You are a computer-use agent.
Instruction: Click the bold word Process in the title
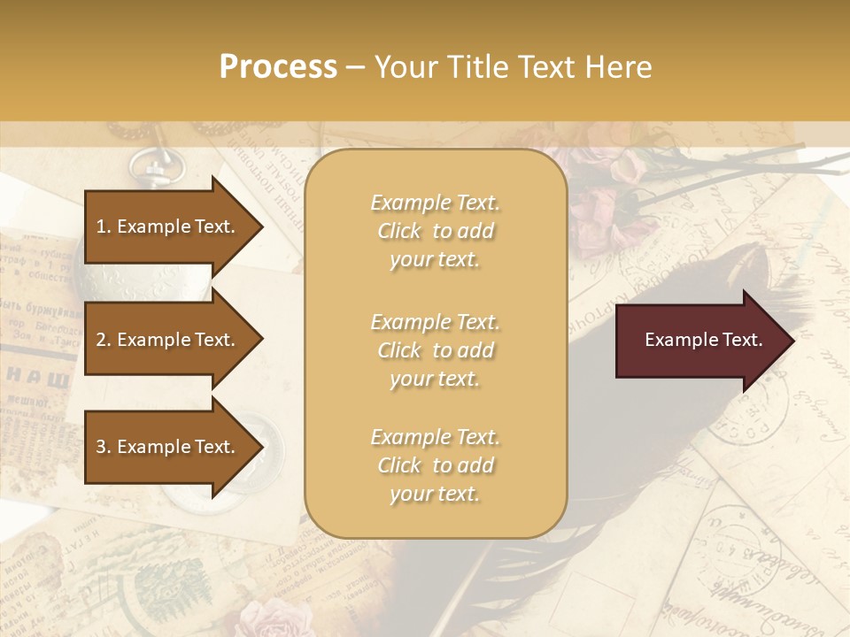[x=278, y=67]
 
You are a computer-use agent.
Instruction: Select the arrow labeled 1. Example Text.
[x=168, y=226]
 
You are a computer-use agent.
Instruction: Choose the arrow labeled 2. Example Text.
[x=168, y=340]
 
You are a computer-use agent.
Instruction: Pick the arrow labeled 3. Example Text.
[x=168, y=447]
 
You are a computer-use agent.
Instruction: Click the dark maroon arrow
[x=699, y=340]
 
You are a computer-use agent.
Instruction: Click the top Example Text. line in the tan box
[x=435, y=203]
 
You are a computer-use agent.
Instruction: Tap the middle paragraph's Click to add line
[x=435, y=350]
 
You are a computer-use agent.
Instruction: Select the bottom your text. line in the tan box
[x=435, y=494]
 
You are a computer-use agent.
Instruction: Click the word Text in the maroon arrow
[x=742, y=340]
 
